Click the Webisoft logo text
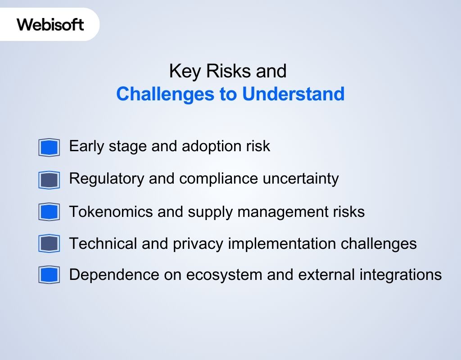[50, 24]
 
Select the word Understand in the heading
[294, 94]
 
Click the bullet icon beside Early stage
[49, 147]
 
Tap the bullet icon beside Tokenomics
[49, 212]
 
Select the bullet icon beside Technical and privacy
[49, 244]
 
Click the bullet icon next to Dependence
[49, 275]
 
